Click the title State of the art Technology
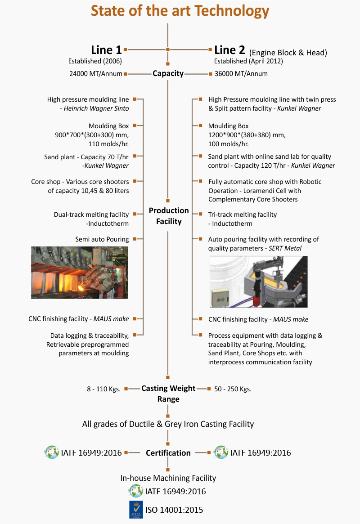180,11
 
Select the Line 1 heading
106,50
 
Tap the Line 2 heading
229,50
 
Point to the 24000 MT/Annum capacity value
95,74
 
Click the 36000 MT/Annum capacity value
241,74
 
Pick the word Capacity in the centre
168,73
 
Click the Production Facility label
169,216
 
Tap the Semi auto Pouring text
102,239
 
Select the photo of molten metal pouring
80,273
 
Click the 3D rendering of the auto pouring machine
258,282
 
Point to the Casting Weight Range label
168,393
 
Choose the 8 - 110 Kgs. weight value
103,389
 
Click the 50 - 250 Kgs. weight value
233,389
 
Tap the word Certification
168,453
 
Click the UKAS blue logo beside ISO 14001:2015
136,510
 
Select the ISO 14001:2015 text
174,510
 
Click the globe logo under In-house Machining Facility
136,491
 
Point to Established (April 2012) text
248,61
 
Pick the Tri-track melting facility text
243,215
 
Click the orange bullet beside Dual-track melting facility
135,214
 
